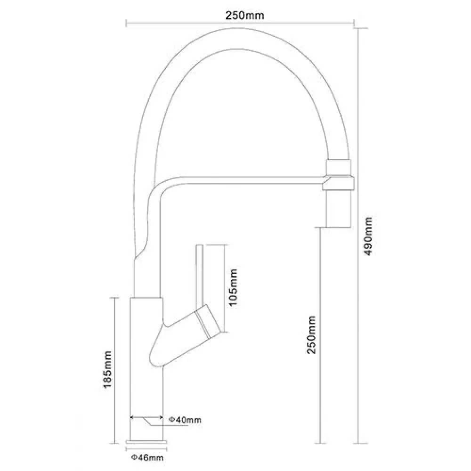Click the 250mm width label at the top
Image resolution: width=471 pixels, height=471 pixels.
tap(245, 16)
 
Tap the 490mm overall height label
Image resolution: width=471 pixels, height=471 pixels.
tap(368, 236)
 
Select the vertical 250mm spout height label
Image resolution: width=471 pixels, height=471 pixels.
tap(311, 335)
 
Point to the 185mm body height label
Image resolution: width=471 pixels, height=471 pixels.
tap(107, 369)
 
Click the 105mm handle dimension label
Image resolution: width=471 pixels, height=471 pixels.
tap(233, 287)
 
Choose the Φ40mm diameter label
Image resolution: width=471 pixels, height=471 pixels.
tap(185, 420)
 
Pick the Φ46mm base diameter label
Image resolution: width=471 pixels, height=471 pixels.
tap(147, 457)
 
